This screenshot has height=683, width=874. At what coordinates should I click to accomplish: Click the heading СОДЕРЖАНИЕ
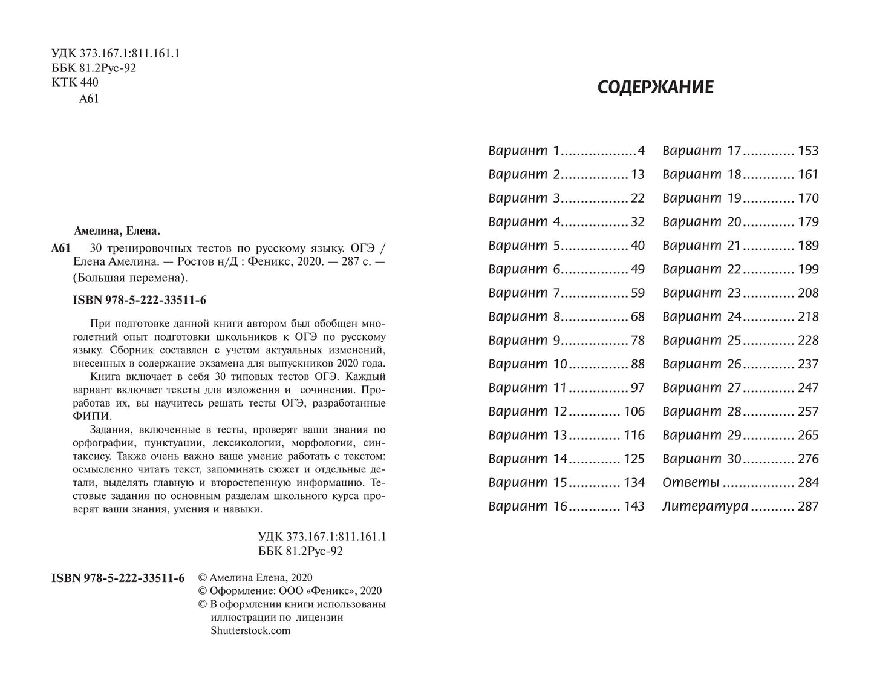point(655,88)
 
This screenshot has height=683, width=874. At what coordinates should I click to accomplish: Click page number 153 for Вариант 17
point(808,151)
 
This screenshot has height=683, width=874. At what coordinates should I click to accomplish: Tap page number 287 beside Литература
point(808,507)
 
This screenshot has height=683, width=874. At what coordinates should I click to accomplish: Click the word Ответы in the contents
point(691,483)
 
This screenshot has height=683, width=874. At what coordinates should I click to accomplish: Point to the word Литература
point(705,507)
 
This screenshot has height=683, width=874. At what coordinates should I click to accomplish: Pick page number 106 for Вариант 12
point(634,412)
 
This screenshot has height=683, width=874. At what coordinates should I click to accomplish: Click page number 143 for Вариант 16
point(634,507)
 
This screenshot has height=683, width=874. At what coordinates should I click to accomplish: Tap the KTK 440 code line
point(75,83)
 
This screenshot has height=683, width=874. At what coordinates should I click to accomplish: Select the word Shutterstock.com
point(250,630)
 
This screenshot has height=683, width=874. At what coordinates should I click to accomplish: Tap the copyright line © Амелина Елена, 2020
point(255,578)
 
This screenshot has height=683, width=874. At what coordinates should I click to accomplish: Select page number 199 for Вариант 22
point(808,270)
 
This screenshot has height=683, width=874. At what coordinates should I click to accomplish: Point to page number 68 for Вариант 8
point(638,317)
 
